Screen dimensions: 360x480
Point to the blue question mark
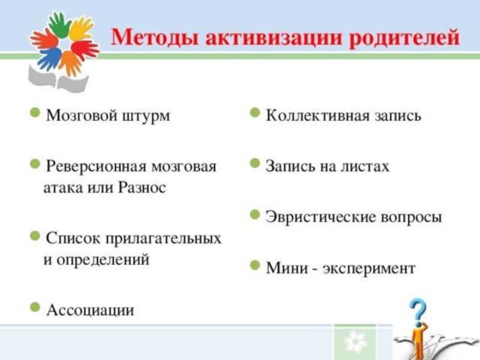click(418, 312)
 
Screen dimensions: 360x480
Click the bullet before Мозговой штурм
click(35, 113)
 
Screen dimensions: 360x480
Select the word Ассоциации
click(91, 310)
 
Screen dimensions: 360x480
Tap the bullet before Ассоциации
click(35, 308)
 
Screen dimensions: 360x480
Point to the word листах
click(366, 166)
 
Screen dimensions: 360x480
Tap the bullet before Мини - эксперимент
click(255, 265)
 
